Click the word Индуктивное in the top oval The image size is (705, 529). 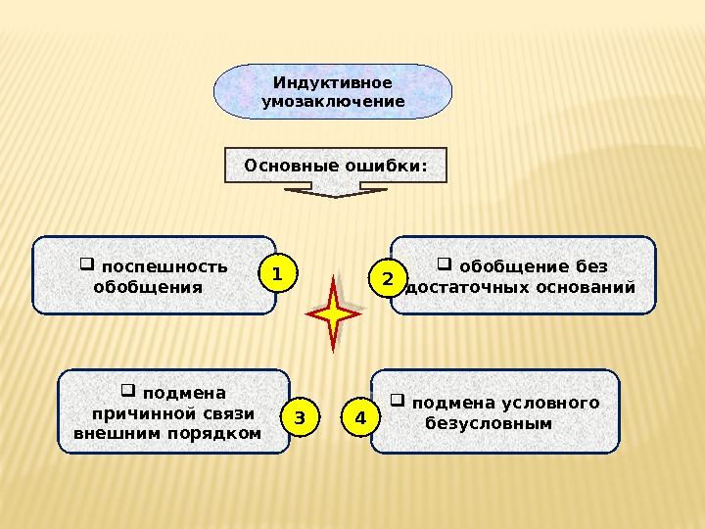pyautogui.click(x=332, y=82)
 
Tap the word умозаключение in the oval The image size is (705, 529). pyautogui.click(x=333, y=101)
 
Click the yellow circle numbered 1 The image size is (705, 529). pyautogui.click(x=277, y=275)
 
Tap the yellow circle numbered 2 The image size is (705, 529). pyautogui.click(x=388, y=280)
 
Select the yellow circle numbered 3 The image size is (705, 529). pyautogui.click(x=301, y=418)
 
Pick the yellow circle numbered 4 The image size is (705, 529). pyautogui.click(x=360, y=418)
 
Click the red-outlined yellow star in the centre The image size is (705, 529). pyautogui.click(x=334, y=314)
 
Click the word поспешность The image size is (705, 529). pyautogui.click(x=164, y=266)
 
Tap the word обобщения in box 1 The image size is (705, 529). pyautogui.click(x=147, y=287)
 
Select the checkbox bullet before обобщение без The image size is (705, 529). pyautogui.click(x=444, y=264)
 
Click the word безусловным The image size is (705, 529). pyautogui.click(x=489, y=423)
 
